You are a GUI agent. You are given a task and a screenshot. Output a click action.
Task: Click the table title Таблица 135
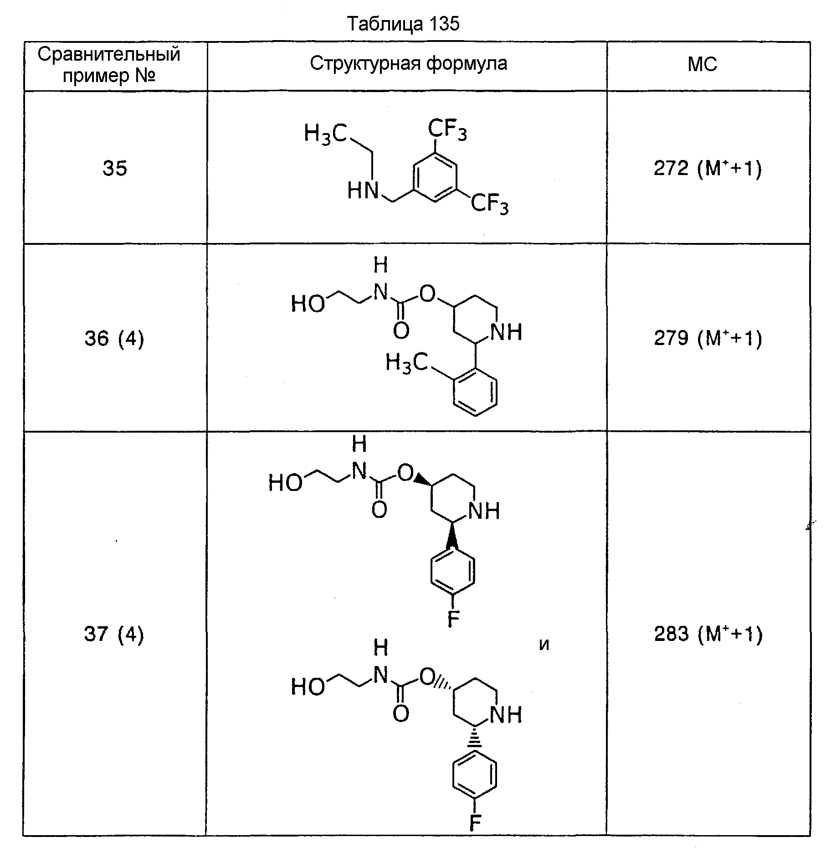pos(403,24)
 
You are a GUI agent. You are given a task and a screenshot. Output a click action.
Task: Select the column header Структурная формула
pos(408,64)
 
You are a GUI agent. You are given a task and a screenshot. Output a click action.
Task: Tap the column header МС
pos(703,65)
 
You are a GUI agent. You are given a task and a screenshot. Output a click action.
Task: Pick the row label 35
pos(114,169)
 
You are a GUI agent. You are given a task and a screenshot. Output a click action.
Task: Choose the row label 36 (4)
pos(114,339)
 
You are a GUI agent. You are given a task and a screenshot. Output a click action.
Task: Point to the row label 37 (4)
pos(114,635)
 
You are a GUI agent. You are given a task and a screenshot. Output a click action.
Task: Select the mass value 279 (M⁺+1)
pos(708,339)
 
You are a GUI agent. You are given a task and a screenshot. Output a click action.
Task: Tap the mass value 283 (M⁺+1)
pos(708,635)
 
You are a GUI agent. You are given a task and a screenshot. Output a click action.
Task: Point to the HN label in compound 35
pos(363,191)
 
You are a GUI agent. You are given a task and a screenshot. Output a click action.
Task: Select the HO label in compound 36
pos(308,304)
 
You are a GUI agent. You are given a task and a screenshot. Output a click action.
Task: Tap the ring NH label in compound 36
pos(506,332)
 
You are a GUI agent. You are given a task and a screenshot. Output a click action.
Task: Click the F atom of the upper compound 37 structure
pos(453,619)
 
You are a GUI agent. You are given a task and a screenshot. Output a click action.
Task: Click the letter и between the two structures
pos(544,645)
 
